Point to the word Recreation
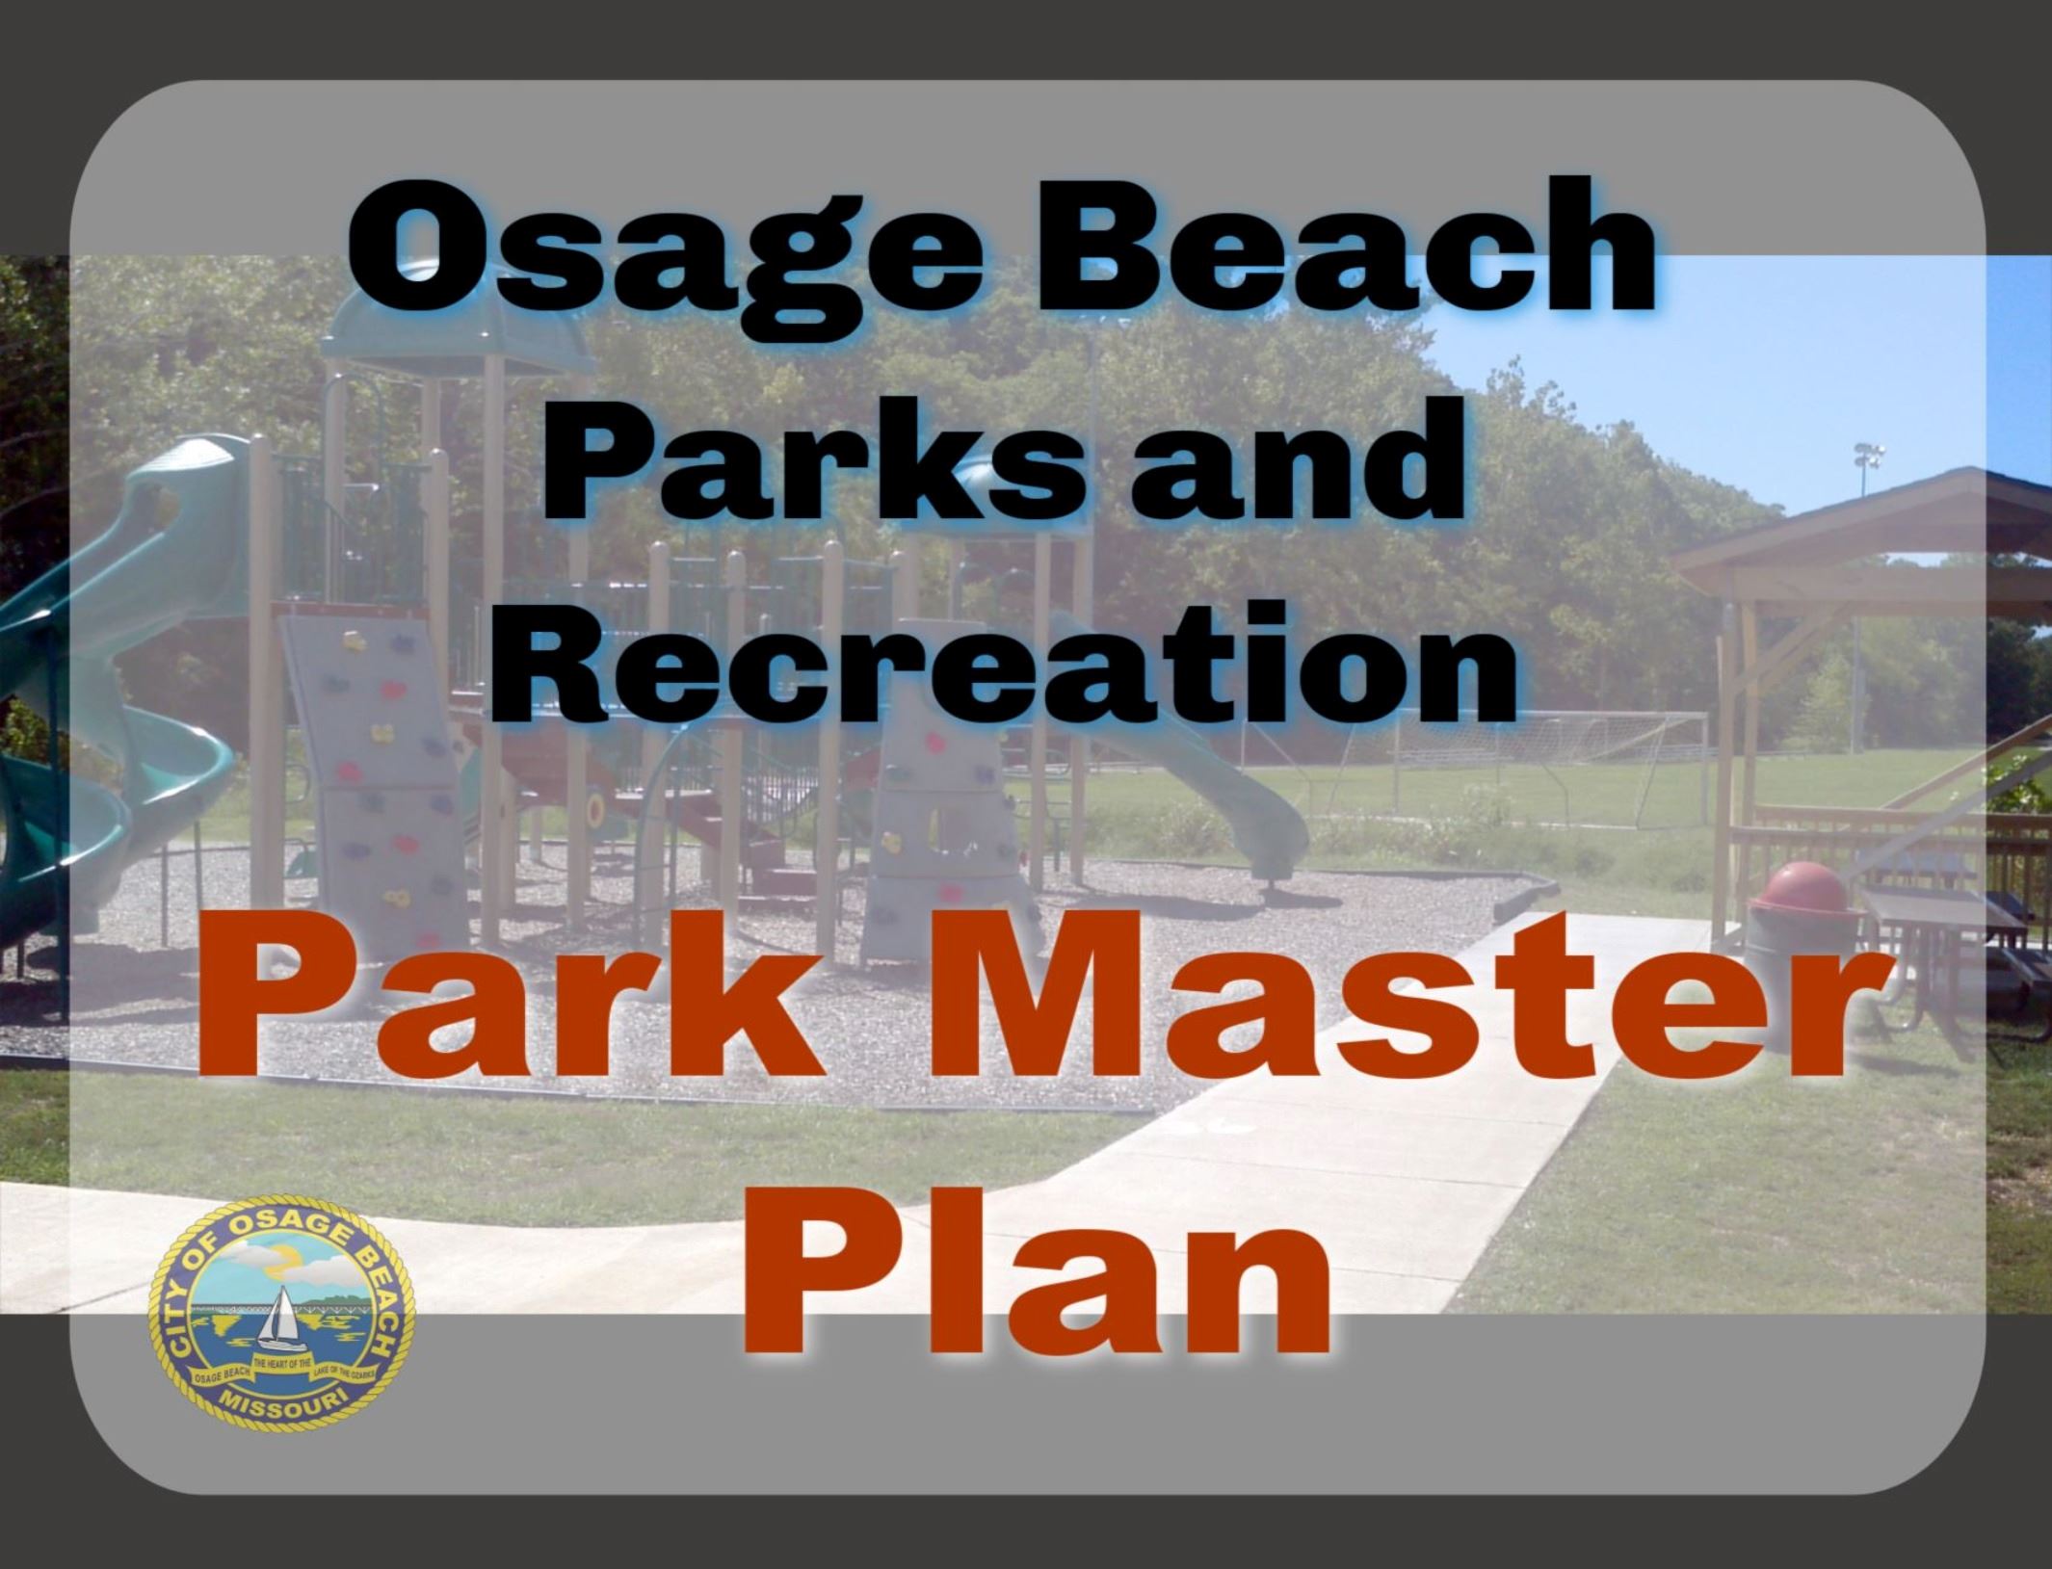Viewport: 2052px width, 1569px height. [x=1002, y=665]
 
